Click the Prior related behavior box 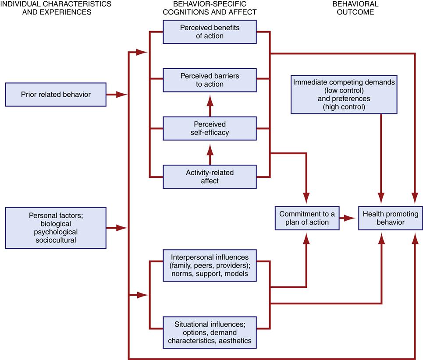pyautogui.click(x=56, y=94)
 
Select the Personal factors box pyautogui.click(x=56, y=228)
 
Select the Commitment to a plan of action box pyautogui.click(x=307, y=218)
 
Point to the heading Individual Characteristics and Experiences pyautogui.click(x=56, y=8)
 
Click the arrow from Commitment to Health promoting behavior pyautogui.click(x=349, y=218)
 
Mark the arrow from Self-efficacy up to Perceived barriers pyautogui.click(x=210, y=105)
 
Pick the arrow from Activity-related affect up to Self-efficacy pyautogui.click(x=210, y=153)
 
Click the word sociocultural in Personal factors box pyautogui.click(x=56, y=240)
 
